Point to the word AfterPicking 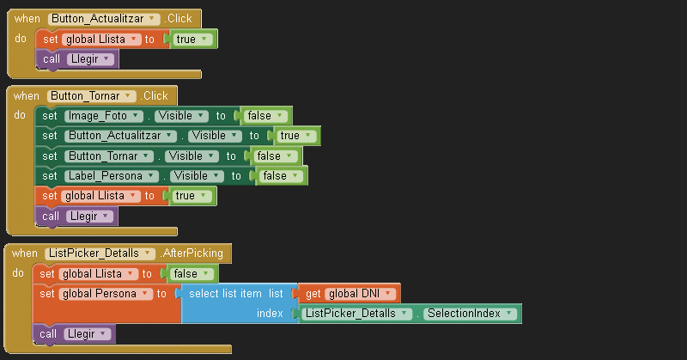(x=192, y=253)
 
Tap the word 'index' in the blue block (x=270, y=314)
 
